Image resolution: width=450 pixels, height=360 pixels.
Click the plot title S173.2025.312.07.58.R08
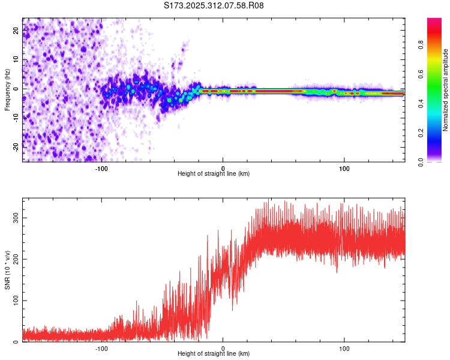tap(214, 6)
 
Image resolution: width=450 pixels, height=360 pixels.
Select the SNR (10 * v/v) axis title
tap(7, 270)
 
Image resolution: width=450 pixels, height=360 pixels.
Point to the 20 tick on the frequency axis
tap(16, 31)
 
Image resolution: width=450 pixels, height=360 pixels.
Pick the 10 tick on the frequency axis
tap(16, 60)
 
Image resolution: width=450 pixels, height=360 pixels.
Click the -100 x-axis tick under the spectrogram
tap(101, 168)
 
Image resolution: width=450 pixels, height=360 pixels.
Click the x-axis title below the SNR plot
tap(214, 354)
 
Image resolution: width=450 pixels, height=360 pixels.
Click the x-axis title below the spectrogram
tap(214, 174)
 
